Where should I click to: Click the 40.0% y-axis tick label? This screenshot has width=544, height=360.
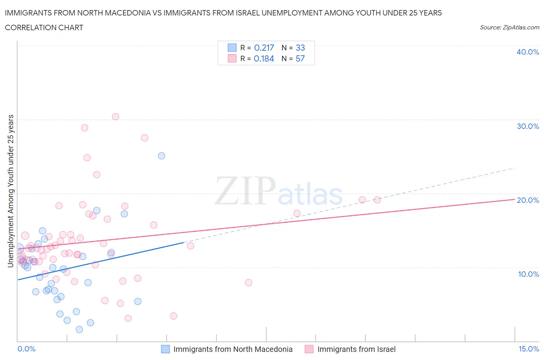527,52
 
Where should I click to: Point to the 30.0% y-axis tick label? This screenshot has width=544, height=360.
527,126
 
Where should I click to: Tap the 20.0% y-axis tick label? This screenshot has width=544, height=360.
527,200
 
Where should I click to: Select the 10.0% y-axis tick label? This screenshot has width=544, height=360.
528,274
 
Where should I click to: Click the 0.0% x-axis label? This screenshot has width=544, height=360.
26,349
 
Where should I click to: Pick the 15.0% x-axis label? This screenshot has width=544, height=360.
529,349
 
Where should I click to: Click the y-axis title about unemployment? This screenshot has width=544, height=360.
10,191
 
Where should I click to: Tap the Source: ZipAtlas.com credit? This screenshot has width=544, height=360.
509,27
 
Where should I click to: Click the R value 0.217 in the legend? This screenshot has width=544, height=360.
264,48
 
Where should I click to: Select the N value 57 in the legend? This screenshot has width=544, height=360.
300,58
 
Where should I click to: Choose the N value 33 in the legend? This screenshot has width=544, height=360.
300,48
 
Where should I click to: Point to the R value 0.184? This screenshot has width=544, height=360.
264,58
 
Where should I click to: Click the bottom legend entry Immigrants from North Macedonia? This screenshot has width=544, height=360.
233,349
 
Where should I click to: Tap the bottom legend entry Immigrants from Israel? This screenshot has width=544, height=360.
356,349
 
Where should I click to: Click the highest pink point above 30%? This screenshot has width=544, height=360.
115,117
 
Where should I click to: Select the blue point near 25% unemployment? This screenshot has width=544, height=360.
161,156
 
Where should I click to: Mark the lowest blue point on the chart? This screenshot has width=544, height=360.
79,329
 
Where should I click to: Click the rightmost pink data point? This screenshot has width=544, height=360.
377,200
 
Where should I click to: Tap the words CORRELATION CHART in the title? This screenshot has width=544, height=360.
44,27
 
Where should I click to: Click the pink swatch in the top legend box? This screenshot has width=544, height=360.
232,58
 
